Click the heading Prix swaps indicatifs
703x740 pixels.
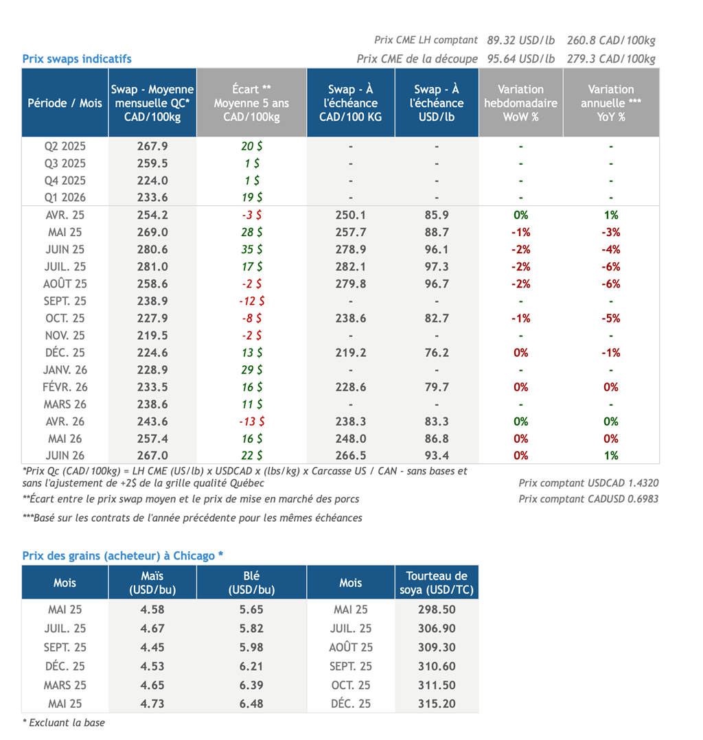77,59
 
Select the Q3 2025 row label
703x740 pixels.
65,163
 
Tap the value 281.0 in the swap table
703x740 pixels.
152,266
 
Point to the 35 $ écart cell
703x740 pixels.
251,249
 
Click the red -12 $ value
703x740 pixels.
251,301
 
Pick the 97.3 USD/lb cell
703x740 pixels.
437,266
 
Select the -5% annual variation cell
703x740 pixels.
611,318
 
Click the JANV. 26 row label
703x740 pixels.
65,369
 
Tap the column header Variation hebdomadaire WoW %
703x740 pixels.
520,103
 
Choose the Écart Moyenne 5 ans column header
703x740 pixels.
251,103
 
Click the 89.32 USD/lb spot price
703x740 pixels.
521,41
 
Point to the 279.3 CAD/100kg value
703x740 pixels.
611,59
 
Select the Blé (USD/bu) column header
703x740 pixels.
251,583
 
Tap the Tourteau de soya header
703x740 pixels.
437,583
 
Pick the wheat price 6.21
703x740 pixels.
251,666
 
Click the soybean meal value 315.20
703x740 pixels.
437,703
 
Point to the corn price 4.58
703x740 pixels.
152,610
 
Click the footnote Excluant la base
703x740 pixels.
64,723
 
